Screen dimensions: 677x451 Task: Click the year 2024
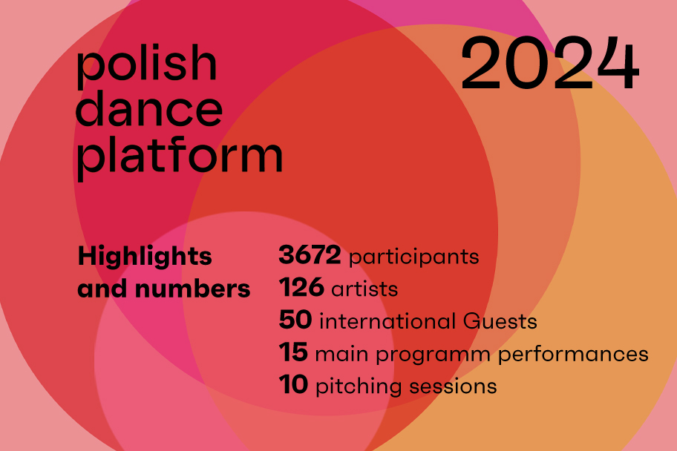(x=549, y=63)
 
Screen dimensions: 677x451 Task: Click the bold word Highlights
(x=145, y=257)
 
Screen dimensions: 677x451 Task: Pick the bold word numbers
(x=192, y=289)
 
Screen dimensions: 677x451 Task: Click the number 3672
(x=310, y=254)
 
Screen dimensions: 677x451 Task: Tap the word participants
(x=413, y=257)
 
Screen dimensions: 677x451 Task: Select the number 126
(x=301, y=287)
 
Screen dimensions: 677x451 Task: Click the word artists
(x=364, y=289)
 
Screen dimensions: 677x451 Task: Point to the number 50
(x=295, y=320)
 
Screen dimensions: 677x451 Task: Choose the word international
(x=387, y=321)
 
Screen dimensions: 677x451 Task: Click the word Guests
(x=500, y=321)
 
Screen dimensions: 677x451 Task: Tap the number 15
(x=293, y=352)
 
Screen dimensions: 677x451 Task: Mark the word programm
(x=433, y=355)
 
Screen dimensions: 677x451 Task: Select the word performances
(x=573, y=354)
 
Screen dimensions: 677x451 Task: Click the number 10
(x=293, y=384)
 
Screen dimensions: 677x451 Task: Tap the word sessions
(x=453, y=386)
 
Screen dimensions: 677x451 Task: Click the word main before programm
(x=342, y=354)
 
